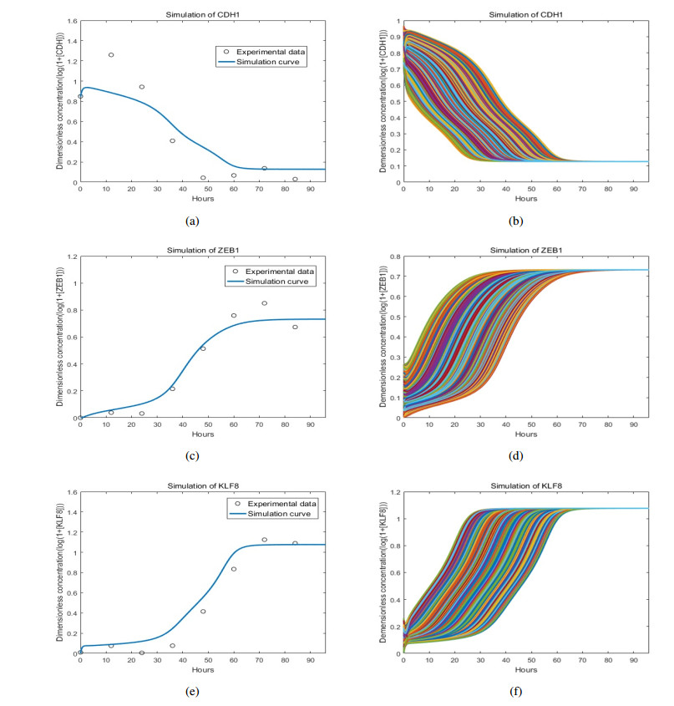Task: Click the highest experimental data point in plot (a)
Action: coord(111,55)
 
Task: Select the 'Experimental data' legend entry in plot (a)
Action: coord(260,52)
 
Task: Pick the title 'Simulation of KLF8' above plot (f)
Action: coord(525,475)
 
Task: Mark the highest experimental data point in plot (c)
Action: coord(264,303)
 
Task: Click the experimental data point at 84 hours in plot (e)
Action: coord(295,543)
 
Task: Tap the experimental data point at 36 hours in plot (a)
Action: coord(172,140)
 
